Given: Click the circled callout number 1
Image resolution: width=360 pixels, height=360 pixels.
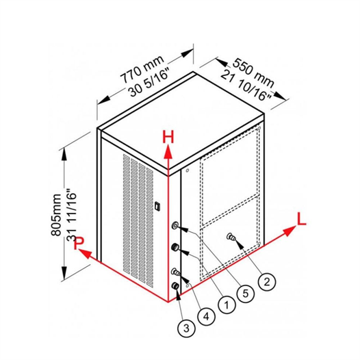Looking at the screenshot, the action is (227, 305).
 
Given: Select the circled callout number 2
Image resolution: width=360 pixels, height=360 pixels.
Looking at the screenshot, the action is (266, 281).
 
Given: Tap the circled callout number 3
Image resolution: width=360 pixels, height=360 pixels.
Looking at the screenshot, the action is (186, 328).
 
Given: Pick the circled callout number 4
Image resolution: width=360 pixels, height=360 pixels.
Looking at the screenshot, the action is (206, 317).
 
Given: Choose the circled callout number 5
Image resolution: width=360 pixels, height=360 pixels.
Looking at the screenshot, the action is (246, 293).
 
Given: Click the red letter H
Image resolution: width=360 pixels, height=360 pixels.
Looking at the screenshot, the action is (168, 137).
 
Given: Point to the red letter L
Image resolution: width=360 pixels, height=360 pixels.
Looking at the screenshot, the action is (301, 218).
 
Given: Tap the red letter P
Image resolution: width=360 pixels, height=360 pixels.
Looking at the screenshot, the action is (79, 243).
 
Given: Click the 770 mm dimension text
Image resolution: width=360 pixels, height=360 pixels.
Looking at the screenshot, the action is (142, 69).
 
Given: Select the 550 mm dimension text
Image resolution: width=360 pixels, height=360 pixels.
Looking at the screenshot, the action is (253, 73).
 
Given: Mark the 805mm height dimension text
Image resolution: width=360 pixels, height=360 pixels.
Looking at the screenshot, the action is (56, 215).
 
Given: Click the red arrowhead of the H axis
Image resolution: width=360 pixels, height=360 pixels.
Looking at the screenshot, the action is (168, 152).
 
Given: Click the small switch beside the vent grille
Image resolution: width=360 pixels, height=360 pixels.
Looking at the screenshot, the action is (157, 205).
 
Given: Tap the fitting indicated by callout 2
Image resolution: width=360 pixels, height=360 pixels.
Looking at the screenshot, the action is (231, 237).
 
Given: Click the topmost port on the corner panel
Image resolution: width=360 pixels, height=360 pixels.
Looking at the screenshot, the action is (175, 225).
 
